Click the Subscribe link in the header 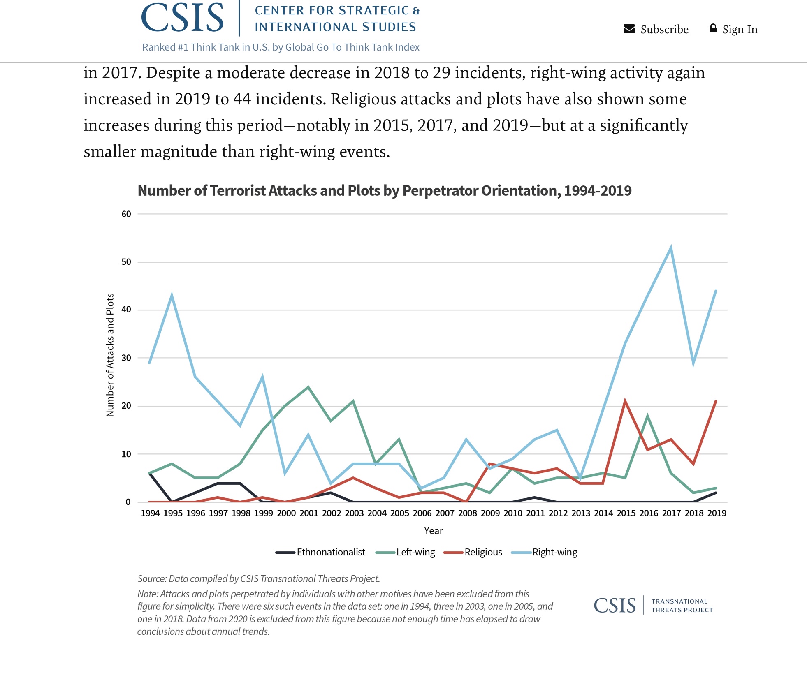[x=664, y=30]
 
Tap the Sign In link [x=740, y=30]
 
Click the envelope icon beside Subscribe [x=629, y=29]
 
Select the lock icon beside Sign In [x=713, y=28]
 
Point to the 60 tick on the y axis [x=126, y=214]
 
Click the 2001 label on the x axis [x=309, y=513]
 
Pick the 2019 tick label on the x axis [x=717, y=513]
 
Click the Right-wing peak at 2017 [x=671, y=248]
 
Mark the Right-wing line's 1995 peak [x=172, y=296]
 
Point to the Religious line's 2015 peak [x=625, y=401]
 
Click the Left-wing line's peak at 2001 [x=308, y=387]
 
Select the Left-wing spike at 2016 [x=648, y=416]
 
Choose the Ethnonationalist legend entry [x=331, y=552]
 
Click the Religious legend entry [x=483, y=552]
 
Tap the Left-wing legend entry [x=415, y=552]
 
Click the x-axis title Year [x=434, y=531]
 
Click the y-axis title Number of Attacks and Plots [x=110, y=355]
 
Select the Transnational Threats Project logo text [x=682, y=606]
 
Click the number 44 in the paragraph [x=242, y=99]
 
